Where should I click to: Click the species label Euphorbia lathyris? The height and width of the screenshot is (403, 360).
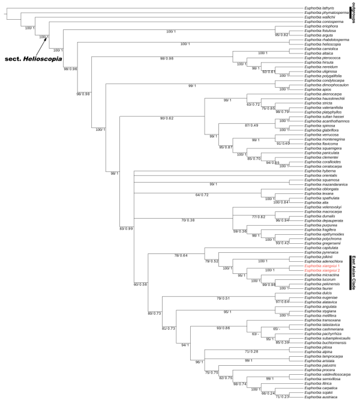[320, 8]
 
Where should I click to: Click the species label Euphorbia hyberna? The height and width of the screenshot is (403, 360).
[320, 171]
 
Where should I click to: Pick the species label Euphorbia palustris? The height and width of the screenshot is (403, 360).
[321, 366]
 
